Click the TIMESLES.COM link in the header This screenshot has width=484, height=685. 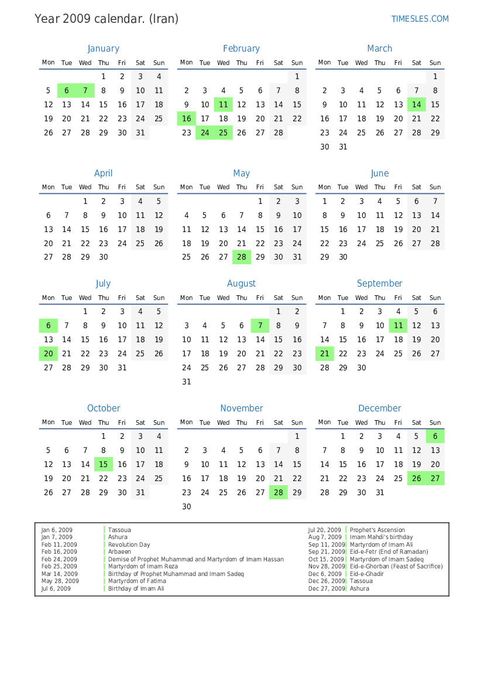pyautogui.click(x=420, y=19)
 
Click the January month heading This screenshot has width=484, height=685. pyautogui.click(x=103, y=49)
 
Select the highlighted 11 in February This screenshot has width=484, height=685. pyautogui.click(x=223, y=104)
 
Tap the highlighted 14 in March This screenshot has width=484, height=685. pyautogui.click(x=416, y=104)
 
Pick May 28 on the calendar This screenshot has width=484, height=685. pyautogui.click(x=242, y=257)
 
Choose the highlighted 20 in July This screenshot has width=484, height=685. pyautogui.click(x=49, y=353)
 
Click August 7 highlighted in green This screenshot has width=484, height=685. pyautogui.click(x=260, y=325)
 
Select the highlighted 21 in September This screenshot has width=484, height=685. pyautogui.click(x=325, y=353)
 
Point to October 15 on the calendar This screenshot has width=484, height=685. pyautogui.click(x=104, y=464)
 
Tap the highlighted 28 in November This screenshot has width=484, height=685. pyautogui.click(x=279, y=492)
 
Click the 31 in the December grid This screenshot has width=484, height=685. pyautogui.click(x=380, y=492)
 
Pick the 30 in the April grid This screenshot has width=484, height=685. pyautogui.click(x=104, y=257)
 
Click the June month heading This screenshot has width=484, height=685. pyautogui.click(x=380, y=173)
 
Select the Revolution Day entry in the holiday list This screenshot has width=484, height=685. pyautogui.click(x=129, y=544)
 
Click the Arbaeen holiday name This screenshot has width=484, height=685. pyautogui.click(x=119, y=551)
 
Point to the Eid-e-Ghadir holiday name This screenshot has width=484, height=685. pyautogui.click(x=367, y=574)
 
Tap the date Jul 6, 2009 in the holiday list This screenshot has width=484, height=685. pyautogui.click(x=56, y=588)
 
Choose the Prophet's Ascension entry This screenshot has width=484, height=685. pyautogui.click(x=377, y=530)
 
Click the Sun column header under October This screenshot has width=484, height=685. pyautogui.click(x=159, y=422)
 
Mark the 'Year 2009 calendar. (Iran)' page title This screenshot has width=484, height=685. pyautogui.click(x=107, y=19)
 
